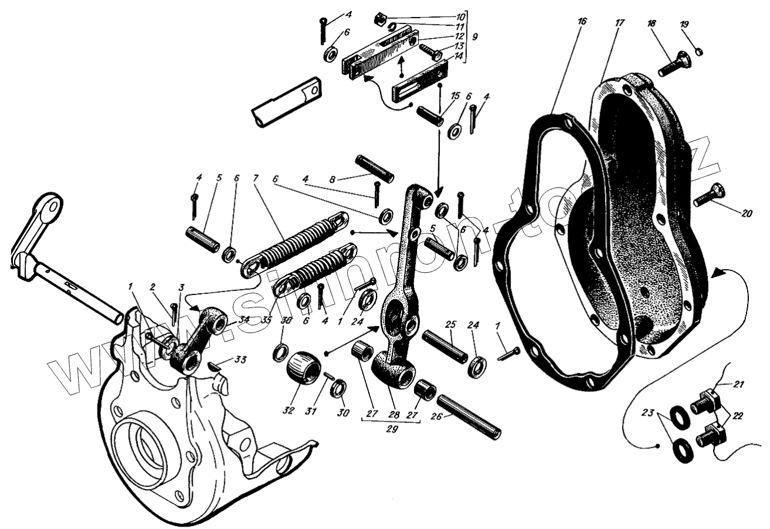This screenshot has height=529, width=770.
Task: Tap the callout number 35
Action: pyautogui.click(x=267, y=320)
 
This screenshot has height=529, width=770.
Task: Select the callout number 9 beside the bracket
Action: pyautogui.click(x=475, y=36)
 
